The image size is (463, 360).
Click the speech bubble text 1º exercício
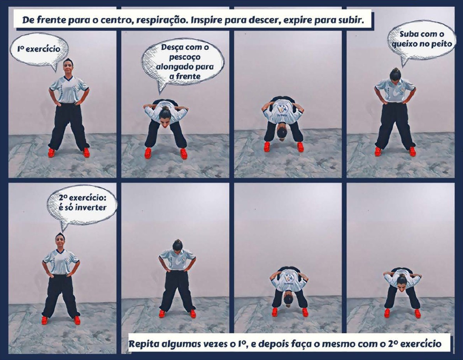39,49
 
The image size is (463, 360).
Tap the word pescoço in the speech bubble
185,57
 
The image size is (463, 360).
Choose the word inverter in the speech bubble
91,207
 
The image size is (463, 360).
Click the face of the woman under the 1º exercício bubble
68,67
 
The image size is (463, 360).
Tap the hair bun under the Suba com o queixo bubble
395,70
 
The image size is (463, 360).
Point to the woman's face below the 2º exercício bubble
60,241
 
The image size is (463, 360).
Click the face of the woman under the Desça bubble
165,120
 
